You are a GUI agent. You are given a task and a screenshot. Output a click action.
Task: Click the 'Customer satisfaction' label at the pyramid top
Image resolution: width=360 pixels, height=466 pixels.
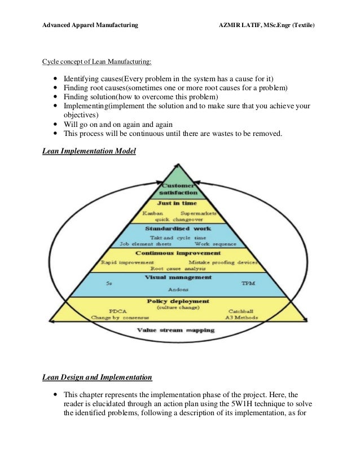pos(179,190)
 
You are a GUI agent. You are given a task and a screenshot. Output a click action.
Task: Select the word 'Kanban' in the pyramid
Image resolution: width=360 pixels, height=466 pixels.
pos(153,214)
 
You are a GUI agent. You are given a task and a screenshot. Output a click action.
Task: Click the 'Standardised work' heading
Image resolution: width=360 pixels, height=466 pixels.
pos(179,229)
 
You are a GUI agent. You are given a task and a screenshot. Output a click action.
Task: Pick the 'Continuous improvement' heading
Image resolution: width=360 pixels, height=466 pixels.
pos(179,254)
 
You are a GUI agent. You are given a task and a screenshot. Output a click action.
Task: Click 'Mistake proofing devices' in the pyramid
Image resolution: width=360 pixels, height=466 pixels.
pos(223,262)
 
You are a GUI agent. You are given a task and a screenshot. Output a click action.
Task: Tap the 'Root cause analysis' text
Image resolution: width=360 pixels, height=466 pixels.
pos(179,269)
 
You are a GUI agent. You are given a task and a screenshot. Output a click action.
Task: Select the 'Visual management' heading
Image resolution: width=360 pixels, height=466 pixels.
pos(179,277)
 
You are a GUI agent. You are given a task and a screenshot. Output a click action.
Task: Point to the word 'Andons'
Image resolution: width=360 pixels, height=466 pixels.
pos(179,292)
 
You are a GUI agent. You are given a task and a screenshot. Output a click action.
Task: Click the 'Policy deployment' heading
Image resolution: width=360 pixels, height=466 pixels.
pos(179,301)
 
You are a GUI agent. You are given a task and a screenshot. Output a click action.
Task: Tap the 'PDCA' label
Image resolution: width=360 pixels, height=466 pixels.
pos(117,311)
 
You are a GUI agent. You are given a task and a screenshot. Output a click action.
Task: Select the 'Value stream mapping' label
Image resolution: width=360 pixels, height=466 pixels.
pos(179,329)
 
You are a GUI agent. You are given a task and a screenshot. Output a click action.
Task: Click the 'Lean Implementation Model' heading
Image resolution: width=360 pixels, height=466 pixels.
pos(89,152)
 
